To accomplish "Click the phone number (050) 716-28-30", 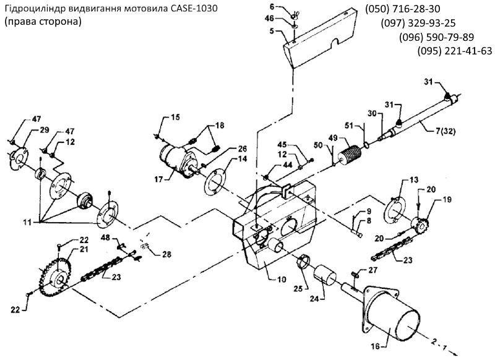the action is (403, 9).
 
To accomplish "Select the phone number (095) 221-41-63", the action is (455, 51).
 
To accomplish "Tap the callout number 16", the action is (375, 346).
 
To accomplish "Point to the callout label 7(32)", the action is (445, 131).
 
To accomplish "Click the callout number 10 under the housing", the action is (282, 279).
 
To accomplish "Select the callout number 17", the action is (159, 179).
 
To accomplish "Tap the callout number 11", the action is (27, 223).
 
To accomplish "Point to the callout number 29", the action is (45, 130).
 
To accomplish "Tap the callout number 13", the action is (414, 179).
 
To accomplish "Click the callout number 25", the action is (298, 288).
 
